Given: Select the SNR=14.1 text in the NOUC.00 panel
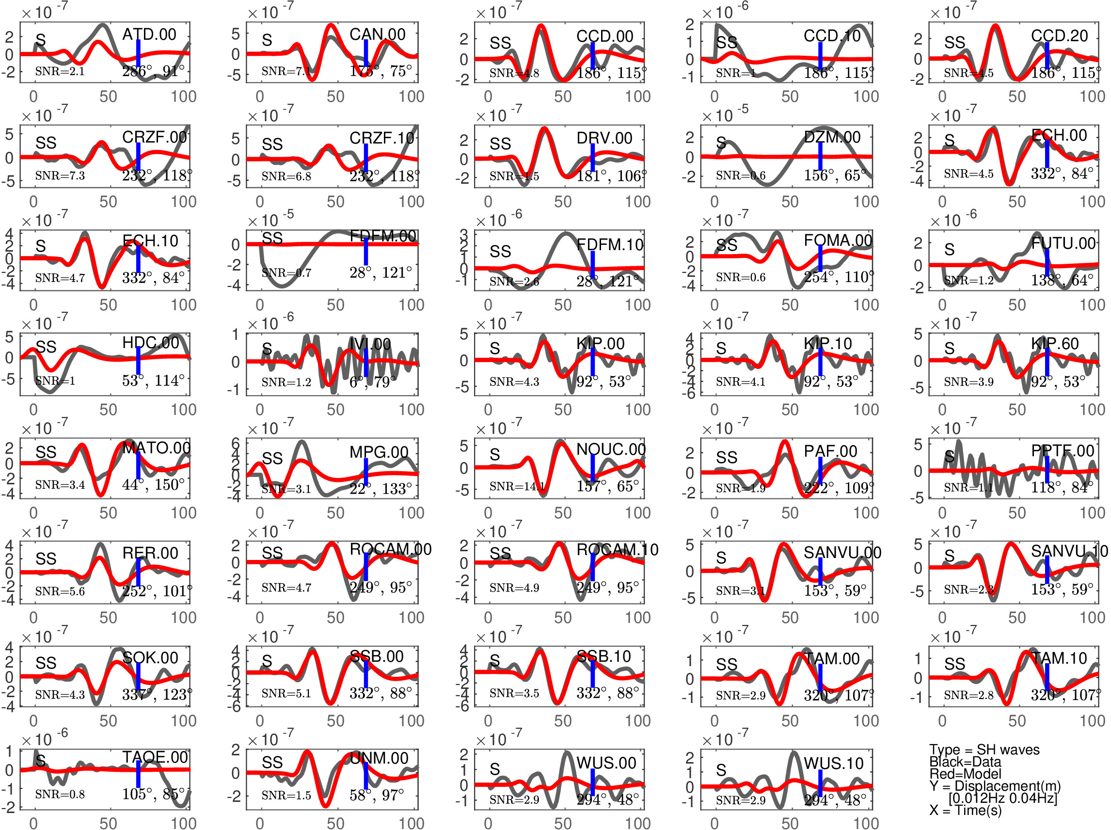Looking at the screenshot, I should point(514,486).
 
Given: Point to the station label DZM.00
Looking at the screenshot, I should point(832,137).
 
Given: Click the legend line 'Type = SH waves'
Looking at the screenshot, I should point(984,750).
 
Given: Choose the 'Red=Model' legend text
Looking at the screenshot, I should point(965,774).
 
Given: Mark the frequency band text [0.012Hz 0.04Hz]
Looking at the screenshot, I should point(1002,798).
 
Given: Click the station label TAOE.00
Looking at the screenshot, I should point(155,757).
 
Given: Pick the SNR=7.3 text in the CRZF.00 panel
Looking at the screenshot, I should point(60,176).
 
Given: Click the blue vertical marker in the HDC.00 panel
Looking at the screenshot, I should point(138,360).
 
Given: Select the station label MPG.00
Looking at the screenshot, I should point(379,452).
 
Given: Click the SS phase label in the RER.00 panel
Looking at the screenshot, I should point(46,559).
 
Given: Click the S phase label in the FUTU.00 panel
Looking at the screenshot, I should point(949,249).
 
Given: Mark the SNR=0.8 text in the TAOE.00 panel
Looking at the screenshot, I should point(60,794).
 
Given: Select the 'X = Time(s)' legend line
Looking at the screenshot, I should point(965,810).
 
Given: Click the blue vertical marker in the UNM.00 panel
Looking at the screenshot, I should point(365,776).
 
